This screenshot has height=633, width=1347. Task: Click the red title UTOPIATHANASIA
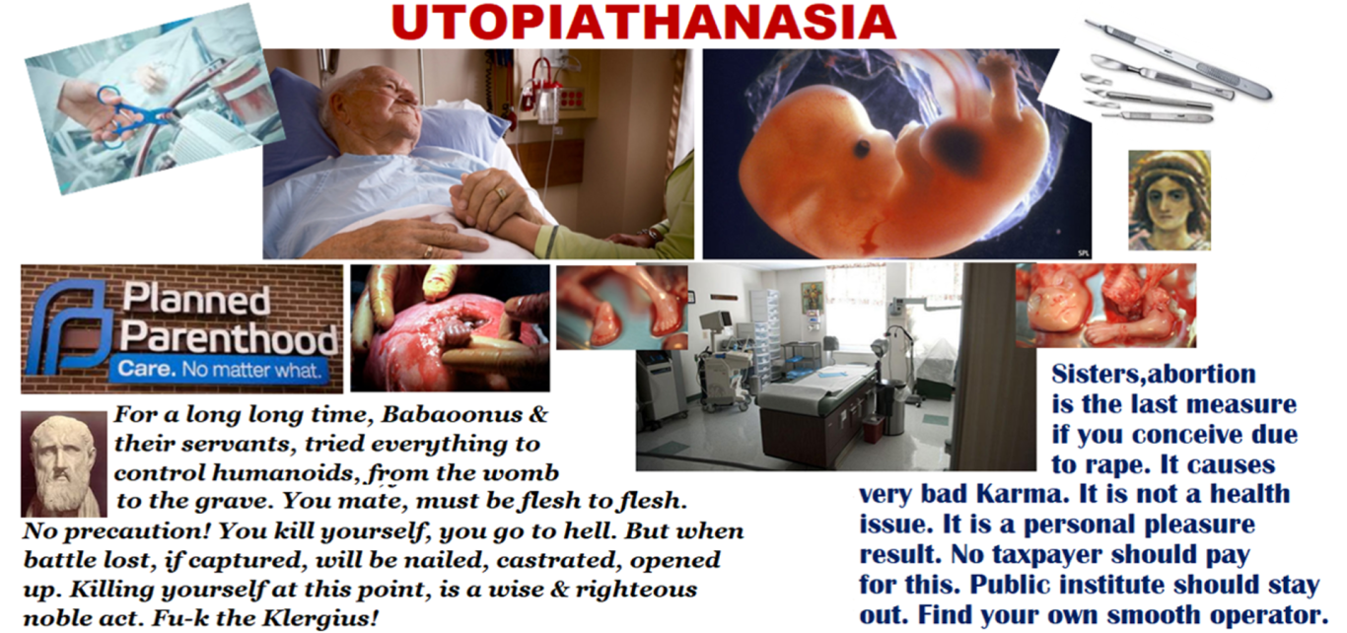click(644, 23)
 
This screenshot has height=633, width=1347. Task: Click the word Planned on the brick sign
click(196, 299)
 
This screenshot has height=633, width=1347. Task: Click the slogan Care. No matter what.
click(219, 369)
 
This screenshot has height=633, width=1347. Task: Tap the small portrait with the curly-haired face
click(1170, 200)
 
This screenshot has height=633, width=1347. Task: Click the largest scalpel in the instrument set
click(1178, 59)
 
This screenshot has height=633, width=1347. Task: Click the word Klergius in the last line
click(321, 618)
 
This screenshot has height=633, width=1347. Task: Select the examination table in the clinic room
click(815, 409)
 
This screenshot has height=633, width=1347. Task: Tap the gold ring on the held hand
click(500, 193)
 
